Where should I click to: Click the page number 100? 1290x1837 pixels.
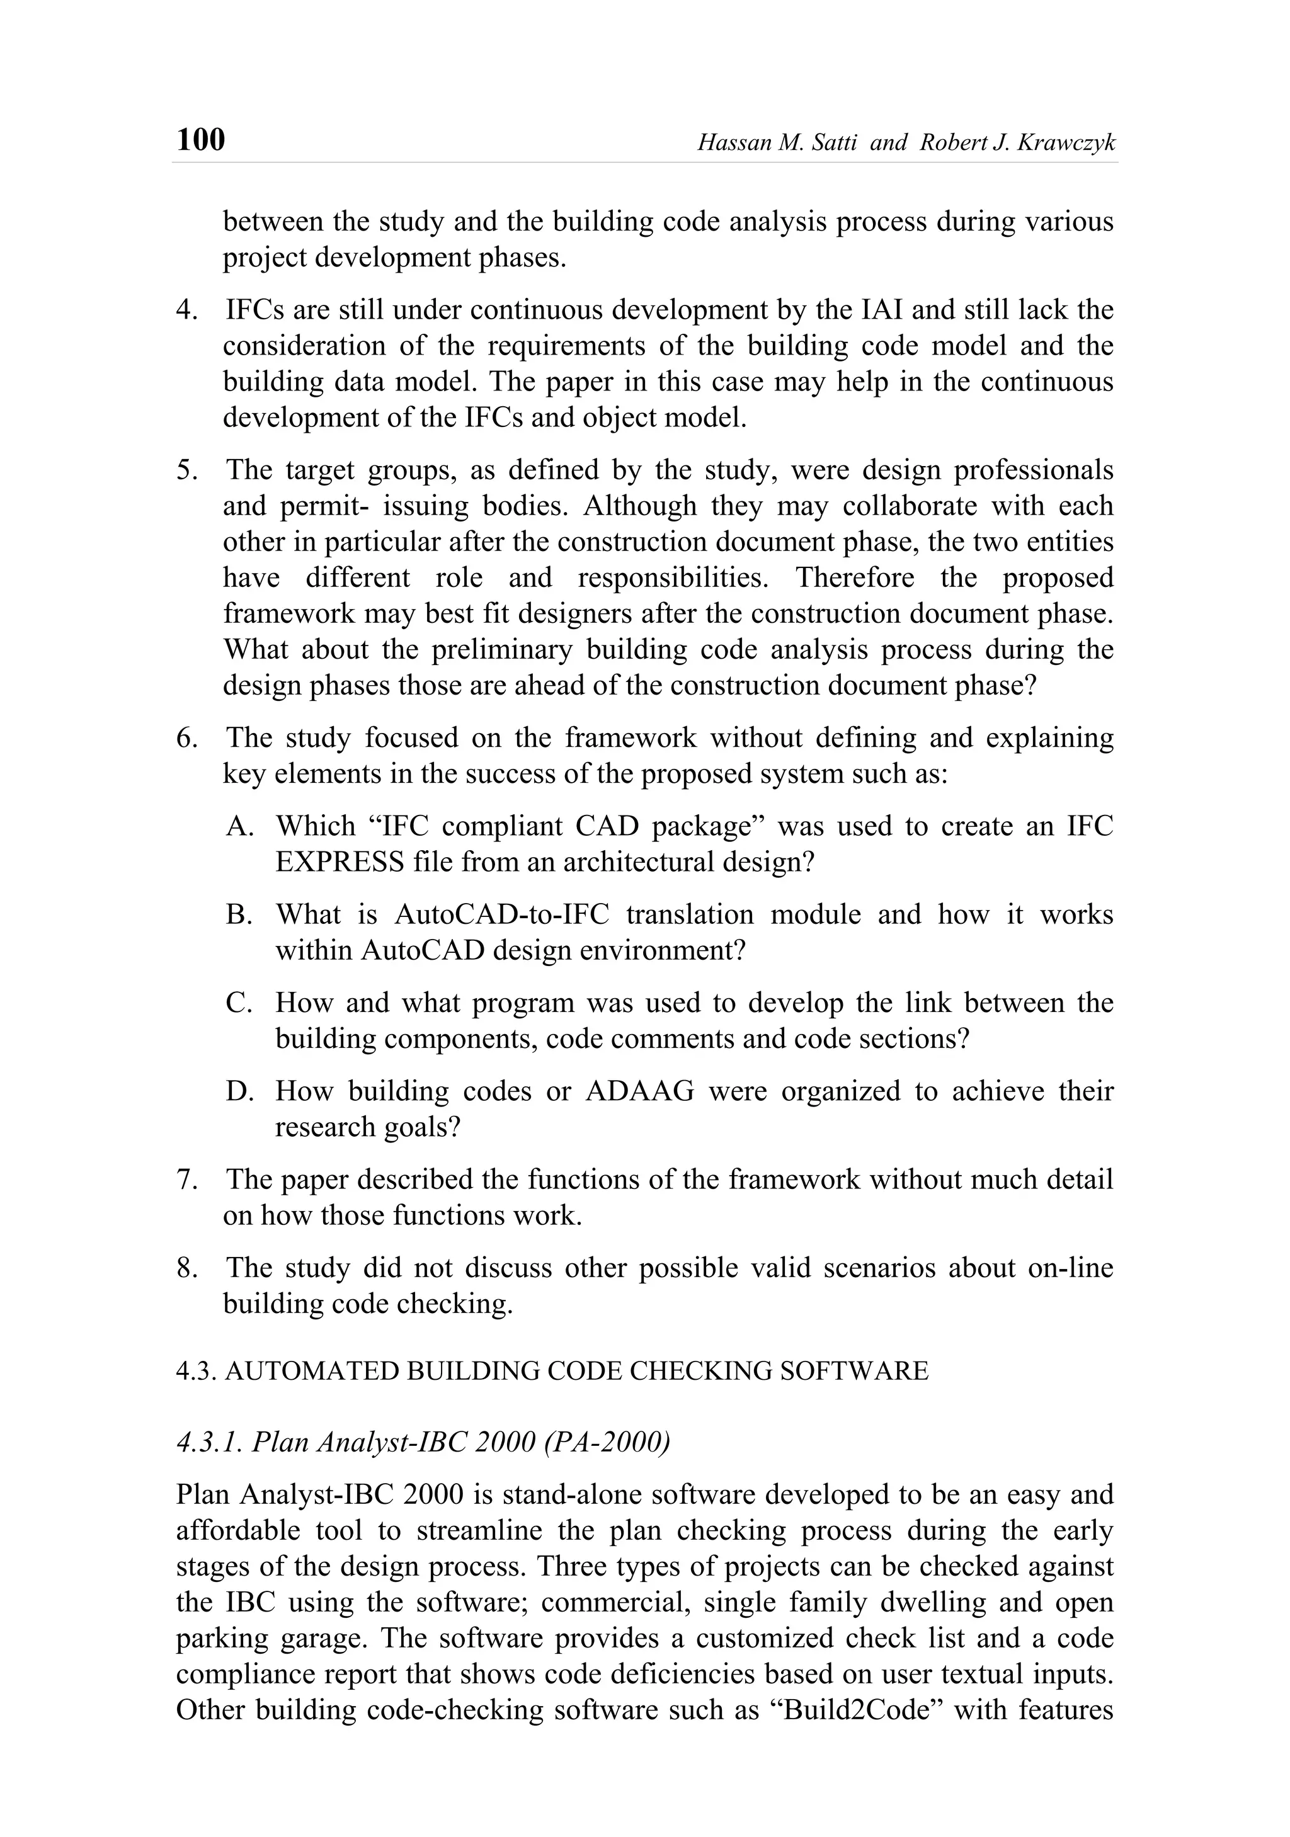[200, 140]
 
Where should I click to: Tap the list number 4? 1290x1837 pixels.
[186, 310]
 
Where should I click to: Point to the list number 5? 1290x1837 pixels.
[186, 470]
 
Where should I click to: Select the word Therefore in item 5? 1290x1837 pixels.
[855, 577]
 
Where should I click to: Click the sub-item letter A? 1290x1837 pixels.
[239, 826]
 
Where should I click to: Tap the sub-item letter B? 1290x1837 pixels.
[239, 914]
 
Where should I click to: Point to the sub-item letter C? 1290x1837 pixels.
[239, 1003]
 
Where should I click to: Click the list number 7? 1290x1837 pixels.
[186, 1180]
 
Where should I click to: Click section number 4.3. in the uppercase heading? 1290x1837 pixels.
[196, 1372]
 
